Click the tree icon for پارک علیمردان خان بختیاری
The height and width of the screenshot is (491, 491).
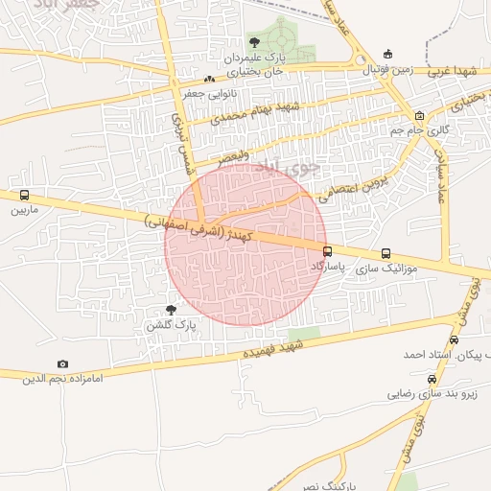tap(254, 42)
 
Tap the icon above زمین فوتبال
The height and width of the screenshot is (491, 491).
tap(387, 54)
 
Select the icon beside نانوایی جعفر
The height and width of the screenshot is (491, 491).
tap(209, 79)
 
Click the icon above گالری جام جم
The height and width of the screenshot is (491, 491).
tap(419, 115)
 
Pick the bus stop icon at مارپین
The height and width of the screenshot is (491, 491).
tap(24, 195)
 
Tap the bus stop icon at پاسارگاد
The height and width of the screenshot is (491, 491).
tap(328, 252)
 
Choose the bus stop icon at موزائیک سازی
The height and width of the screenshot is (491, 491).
tap(386, 254)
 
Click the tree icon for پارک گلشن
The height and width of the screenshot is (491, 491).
tap(171, 310)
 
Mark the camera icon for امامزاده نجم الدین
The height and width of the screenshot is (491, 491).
tap(62, 364)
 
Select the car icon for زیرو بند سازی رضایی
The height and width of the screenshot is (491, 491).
tap(431, 380)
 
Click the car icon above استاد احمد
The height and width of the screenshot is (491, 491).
tap(454, 339)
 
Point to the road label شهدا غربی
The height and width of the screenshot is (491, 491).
tap(452, 70)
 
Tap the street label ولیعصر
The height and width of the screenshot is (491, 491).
tap(233, 154)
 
